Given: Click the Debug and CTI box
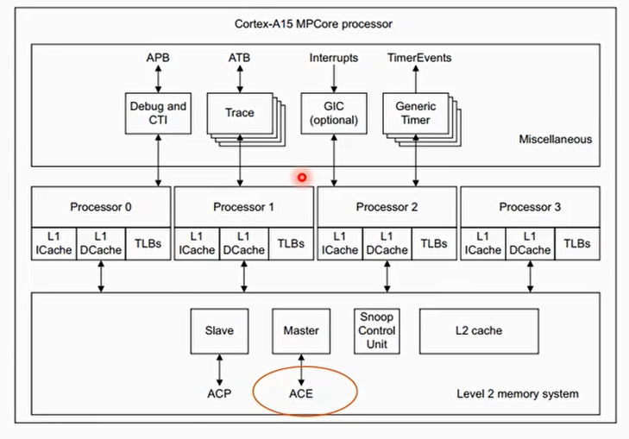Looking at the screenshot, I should point(158,113).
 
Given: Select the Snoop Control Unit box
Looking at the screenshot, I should point(376,330).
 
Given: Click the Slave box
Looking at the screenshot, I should point(219,330).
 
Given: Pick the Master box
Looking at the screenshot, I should point(301,330).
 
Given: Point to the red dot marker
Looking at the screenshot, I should point(302,178).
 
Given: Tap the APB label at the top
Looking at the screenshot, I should point(158,58).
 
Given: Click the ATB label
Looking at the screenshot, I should point(239,58).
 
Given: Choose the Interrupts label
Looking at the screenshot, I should point(333,58).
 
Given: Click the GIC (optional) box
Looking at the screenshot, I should point(333,113).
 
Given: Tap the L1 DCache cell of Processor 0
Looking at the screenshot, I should point(101,244).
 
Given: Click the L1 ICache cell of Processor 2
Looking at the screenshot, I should point(340,244).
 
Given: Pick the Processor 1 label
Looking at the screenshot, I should point(243,207).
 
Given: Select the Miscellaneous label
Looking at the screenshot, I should point(555,139).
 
